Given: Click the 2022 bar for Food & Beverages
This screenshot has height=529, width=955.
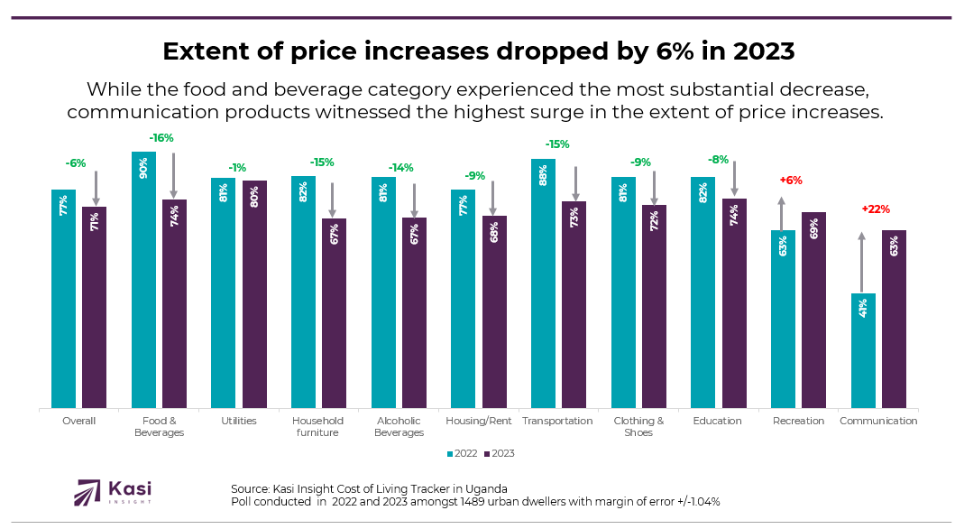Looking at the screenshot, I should click(x=143, y=280).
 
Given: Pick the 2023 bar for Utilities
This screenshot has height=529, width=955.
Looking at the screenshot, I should click(x=254, y=294).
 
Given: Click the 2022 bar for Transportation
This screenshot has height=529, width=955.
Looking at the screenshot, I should click(x=543, y=283).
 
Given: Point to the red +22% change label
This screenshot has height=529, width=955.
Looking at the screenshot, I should click(x=876, y=209).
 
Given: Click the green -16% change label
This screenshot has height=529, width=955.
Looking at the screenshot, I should click(x=161, y=138).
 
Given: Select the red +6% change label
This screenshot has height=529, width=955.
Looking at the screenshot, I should click(x=790, y=181).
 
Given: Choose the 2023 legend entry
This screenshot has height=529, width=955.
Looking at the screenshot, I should click(x=499, y=453).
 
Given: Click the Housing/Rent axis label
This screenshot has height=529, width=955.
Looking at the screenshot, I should click(x=478, y=421).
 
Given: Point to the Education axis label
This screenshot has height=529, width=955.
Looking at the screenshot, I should click(x=717, y=421).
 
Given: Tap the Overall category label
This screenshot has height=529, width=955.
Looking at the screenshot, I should click(x=78, y=421).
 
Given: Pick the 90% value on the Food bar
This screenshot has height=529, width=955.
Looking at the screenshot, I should click(x=143, y=169).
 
